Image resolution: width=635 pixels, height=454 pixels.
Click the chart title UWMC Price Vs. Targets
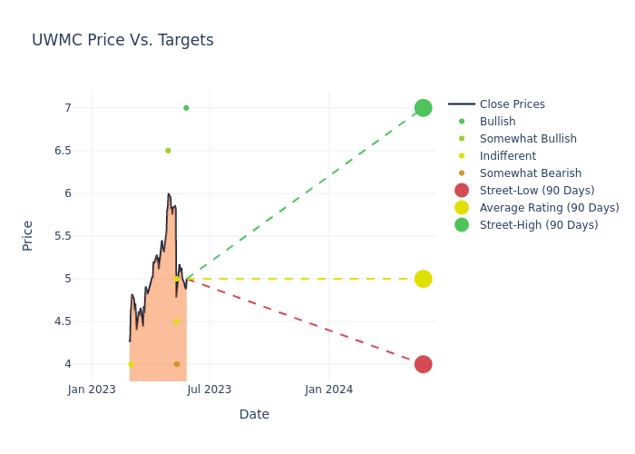click(122, 40)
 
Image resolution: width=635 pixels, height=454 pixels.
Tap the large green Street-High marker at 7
click(423, 108)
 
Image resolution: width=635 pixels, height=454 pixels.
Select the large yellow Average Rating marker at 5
click(423, 279)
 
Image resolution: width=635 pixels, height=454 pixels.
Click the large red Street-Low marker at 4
click(423, 364)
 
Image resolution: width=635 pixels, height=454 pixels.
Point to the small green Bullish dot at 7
click(186, 108)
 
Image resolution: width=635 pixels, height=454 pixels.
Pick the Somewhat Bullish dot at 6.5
click(168, 151)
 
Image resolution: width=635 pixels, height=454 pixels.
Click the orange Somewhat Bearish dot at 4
click(177, 364)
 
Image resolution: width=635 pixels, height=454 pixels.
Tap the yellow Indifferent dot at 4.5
click(176, 321)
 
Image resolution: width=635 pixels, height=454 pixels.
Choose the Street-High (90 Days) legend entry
click(538, 225)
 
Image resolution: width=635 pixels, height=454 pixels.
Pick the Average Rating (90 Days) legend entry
click(549, 208)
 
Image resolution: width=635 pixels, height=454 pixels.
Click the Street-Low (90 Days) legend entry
click(536, 191)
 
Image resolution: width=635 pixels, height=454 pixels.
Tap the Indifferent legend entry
click(507, 156)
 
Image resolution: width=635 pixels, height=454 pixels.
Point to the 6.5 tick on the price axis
click(63, 151)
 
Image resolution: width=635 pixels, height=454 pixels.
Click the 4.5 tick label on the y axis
click(63, 321)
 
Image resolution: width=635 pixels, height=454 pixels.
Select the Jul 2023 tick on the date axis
click(210, 390)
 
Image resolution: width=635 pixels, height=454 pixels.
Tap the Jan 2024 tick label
click(328, 390)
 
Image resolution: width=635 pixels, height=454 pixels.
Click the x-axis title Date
click(254, 414)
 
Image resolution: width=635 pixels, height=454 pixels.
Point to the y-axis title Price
click(28, 235)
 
